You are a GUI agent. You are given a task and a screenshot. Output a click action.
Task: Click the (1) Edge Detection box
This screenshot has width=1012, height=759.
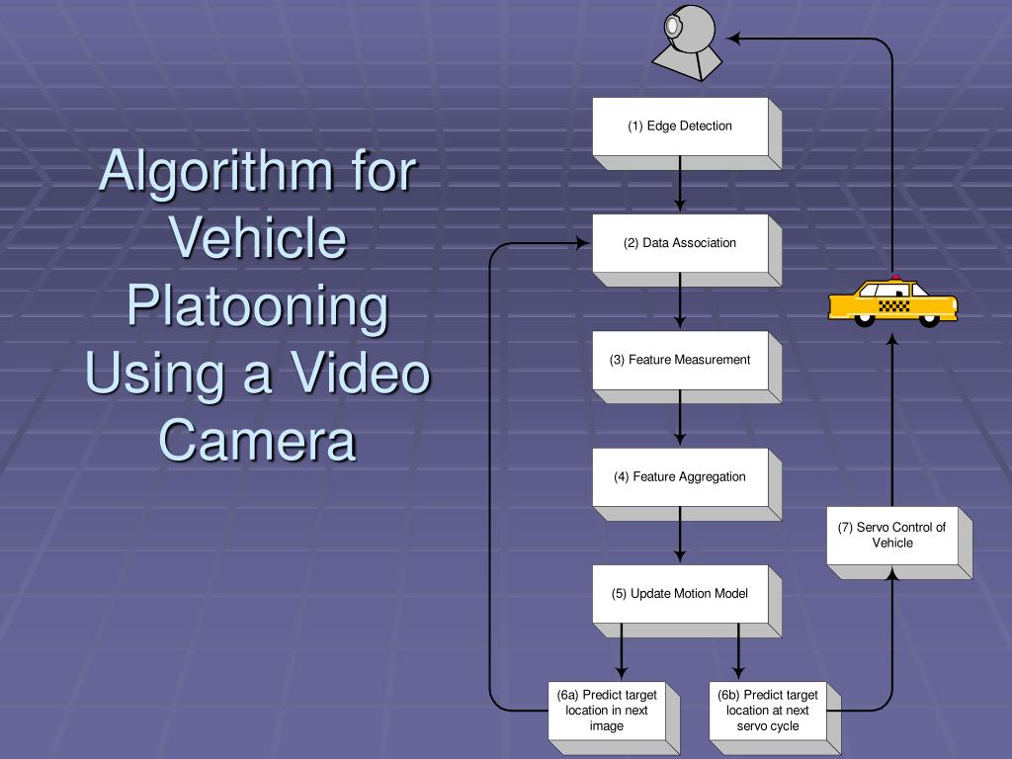pos(680,126)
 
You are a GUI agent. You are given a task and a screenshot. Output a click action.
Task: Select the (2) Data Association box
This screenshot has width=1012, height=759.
pos(680,243)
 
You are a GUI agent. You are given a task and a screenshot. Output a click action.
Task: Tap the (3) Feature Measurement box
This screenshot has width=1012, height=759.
pos(680,360)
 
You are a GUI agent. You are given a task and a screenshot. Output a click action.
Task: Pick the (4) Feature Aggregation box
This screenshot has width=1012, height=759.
pos(680,476)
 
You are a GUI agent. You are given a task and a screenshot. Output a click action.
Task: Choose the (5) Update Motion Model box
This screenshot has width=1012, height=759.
pos(680,593)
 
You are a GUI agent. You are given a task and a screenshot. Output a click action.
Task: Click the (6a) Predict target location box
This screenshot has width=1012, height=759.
pos(607,710)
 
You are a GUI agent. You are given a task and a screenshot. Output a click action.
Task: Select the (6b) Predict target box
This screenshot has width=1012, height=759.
pos(767,710)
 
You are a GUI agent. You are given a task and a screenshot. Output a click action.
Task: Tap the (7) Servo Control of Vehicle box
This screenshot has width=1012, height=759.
pos(892,536)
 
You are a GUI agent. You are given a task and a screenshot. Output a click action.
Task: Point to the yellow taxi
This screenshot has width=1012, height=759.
pos(892,300)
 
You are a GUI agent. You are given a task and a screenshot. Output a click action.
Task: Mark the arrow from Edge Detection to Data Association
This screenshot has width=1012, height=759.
pos(680,184)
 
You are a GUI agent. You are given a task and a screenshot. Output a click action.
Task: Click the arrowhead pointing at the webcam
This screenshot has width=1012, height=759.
pos(734,39)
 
